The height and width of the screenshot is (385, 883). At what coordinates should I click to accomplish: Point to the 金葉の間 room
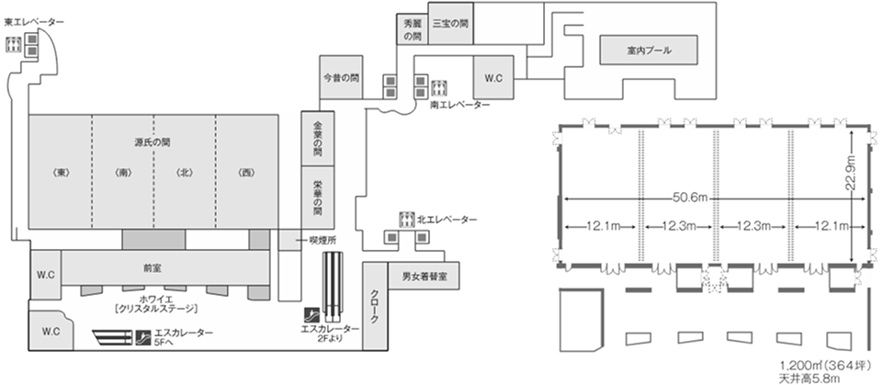tap(317, 136)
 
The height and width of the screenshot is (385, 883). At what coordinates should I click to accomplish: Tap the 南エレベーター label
tap(459, 106)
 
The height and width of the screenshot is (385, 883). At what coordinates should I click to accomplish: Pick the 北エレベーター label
tap(447, 220)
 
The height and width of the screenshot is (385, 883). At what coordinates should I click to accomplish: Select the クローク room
tap(375, 305)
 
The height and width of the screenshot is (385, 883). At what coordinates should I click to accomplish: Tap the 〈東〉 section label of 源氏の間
tap(61, 172)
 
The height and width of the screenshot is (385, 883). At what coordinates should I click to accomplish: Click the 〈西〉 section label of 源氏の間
tap(245, 172)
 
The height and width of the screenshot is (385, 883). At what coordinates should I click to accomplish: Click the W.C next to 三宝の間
tap(493, 78)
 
